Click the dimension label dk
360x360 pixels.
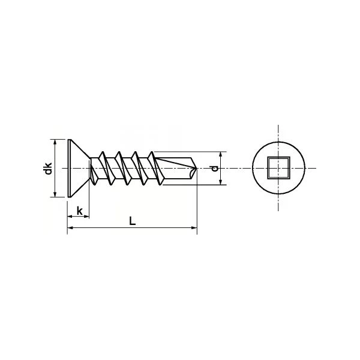pos(49,169)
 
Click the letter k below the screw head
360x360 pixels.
pos(79,211)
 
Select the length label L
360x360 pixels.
pos(132,220)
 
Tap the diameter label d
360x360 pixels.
pos(214,169)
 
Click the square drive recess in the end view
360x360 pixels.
pos(278,168)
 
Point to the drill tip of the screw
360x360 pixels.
pos(194,169)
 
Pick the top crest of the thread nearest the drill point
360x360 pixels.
pos(150,151)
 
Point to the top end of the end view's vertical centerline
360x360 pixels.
pos(278,125)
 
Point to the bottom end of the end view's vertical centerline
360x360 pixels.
pos(278,211)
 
